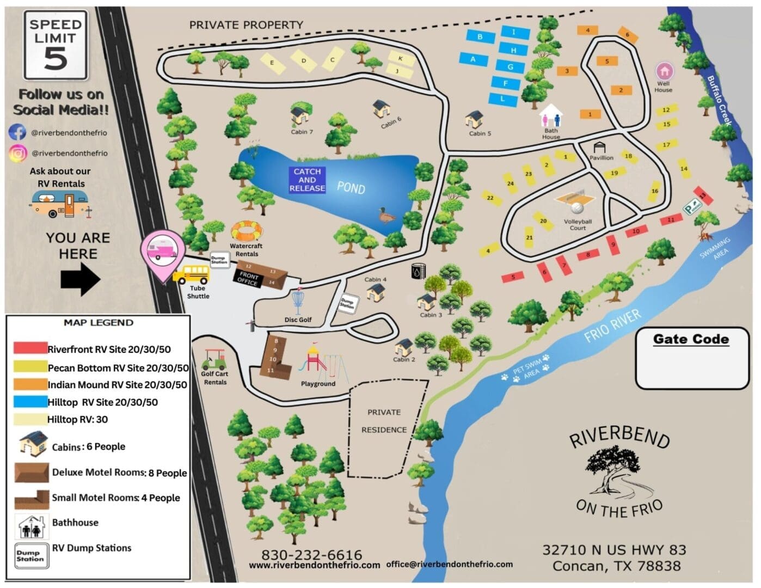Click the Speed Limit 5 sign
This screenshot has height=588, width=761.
[56, 45]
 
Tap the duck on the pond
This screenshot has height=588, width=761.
[387, 216]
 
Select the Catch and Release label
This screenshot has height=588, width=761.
[307, 180]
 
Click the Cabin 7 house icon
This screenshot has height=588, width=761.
[300, 115]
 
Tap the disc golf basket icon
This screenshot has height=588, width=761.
[297, 303]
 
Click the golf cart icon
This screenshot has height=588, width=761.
[214, 360]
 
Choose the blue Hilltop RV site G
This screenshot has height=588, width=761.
[510, 67]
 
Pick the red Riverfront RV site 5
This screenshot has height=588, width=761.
[513, 277]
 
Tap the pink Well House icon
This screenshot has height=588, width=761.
[664, 71]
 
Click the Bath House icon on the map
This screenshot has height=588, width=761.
[551, 115]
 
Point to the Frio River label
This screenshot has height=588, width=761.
[612, 327]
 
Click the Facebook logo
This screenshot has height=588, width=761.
[17, 132]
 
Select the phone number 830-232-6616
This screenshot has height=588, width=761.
[311, 554]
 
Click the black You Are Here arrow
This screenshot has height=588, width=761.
[80, 279]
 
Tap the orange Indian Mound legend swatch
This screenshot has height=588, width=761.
[30, 384]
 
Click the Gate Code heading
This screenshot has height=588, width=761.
[691, 339]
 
